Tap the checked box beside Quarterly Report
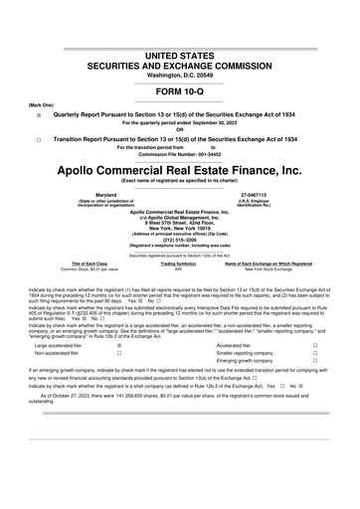click(x=39, y=114)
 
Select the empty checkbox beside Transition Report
click(x=39, y=140)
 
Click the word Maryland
click(x=97, y=195)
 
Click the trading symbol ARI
click(x=179, y=268)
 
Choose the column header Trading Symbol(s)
click(x=179, y=262)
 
